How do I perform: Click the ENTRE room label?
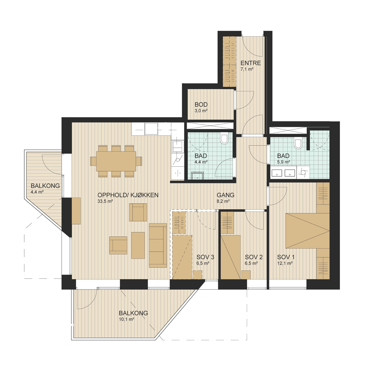[250, 63]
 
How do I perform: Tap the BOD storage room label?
[201, 105]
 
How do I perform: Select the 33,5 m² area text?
[105, 201]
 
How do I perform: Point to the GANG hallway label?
[225, 195]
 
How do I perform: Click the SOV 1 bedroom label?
[286, 257]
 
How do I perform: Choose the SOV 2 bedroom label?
[254, 257]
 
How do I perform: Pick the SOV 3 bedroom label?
[205, 257]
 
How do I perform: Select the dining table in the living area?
[116, 161]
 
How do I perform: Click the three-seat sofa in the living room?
[158, 245]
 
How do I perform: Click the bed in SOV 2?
[231, 257]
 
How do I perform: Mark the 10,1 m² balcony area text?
[127, 319]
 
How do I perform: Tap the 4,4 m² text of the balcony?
[37, 192]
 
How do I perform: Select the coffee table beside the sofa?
[138, 245]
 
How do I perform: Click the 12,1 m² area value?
[285, 263]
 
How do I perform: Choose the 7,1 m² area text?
[247, 69]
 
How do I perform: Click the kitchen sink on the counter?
[177, 146]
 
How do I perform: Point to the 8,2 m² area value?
[223, 201]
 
